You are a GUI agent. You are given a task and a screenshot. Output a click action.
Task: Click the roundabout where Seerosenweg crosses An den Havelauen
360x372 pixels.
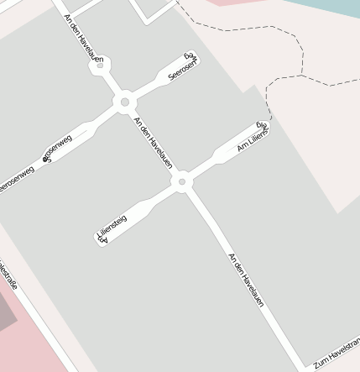[125, 102]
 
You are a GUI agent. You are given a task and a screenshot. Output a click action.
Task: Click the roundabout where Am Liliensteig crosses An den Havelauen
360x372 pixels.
[181, 181]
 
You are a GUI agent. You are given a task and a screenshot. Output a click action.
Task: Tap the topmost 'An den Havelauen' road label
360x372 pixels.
[84, 38]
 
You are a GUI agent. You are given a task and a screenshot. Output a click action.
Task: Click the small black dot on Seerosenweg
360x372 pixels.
[45, 158]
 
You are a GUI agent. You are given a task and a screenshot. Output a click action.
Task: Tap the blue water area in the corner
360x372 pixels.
[336, 7]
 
